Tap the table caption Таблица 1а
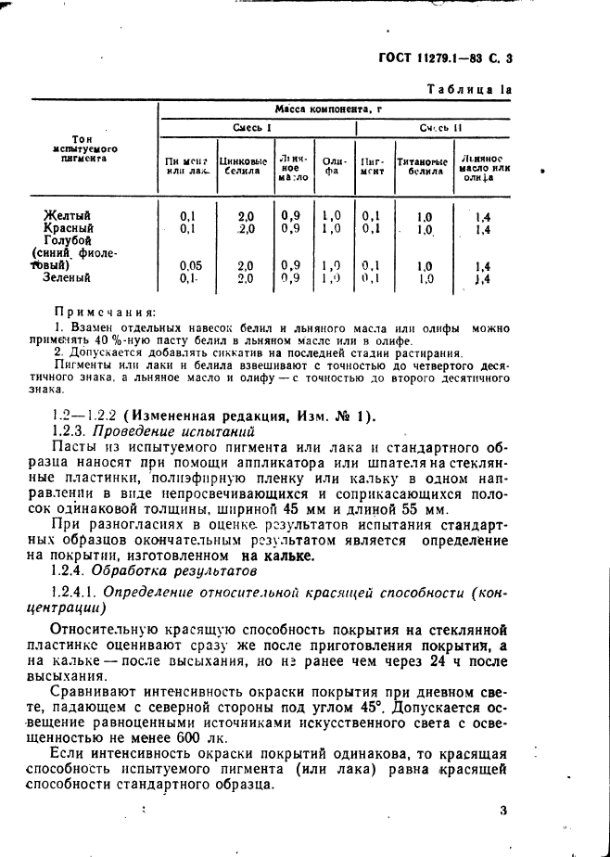point(468,89)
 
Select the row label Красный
point(69,228)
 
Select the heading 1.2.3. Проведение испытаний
point(153,430)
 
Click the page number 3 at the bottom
point(503,812)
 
